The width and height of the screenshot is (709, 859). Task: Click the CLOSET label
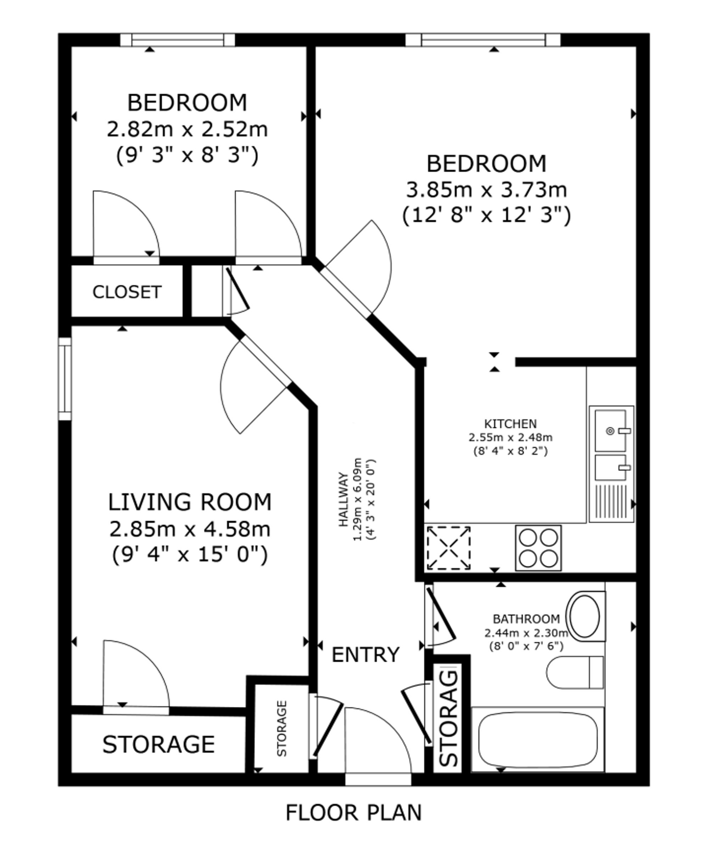point(127,292)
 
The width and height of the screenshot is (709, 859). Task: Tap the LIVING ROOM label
point(190,502)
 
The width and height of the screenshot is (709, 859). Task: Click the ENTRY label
point(365,655)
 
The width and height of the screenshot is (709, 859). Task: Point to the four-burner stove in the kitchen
point(538,548)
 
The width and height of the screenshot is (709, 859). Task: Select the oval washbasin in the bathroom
point(585,617)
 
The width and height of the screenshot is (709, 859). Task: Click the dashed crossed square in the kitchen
point(448,548)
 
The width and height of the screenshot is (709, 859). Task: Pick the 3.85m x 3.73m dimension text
point(486,190)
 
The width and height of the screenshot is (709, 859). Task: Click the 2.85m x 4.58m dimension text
point(190,529)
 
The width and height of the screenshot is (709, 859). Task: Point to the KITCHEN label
point(510,424)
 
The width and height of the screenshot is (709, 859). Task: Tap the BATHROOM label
point(526,619)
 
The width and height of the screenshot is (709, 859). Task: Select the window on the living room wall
point(65,379)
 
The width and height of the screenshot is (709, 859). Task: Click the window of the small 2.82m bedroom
point(178,40)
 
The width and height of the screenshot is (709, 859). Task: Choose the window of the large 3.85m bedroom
point(483,40)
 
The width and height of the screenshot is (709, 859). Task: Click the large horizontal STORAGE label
point(158,744)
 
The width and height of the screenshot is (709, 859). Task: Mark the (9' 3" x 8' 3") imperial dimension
point(188,155)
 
